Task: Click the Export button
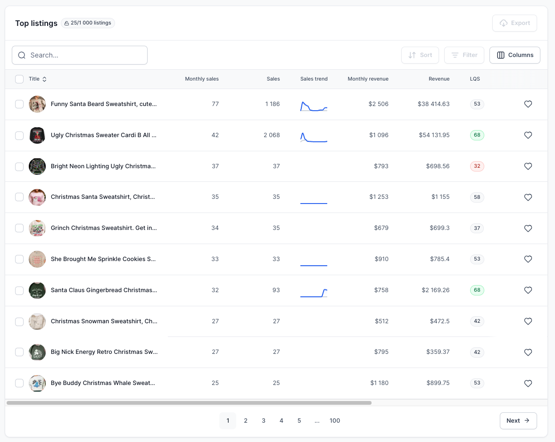point(514,23)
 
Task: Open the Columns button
point(515,55)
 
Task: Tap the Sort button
point(420,55)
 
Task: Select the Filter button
point(464,55)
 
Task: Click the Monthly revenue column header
point(368,79)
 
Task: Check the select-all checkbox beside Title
point(19,79)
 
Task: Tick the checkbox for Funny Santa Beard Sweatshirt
point(19,104)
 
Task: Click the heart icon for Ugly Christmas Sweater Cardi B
point(528,135)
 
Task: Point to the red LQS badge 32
point(477,166)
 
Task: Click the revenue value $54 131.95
point(434,135)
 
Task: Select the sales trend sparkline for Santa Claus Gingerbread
point(314,293)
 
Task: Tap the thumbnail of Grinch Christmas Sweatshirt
point(37,228)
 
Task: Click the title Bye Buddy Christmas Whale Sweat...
point(103,383)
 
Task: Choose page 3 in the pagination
point(264,421)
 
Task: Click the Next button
point(518,421)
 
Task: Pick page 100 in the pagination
point(335,421)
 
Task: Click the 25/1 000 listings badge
point(88,23)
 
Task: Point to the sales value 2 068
point(272,135)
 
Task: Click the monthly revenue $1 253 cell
point(379,197)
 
